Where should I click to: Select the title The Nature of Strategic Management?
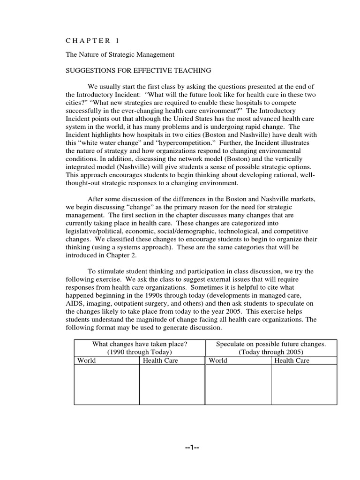point(120,54)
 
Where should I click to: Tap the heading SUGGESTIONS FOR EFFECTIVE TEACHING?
point(138,70)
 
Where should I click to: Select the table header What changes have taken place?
point(140,344)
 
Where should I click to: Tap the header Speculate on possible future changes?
point(271,344)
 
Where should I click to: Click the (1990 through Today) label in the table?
point(140,352)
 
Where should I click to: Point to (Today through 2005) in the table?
point(271,352)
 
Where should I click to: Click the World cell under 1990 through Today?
point(87,360)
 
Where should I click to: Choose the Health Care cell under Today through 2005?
point(292,360)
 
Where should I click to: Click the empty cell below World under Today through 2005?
point(238,384)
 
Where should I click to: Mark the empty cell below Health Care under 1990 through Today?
point(172,384)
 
